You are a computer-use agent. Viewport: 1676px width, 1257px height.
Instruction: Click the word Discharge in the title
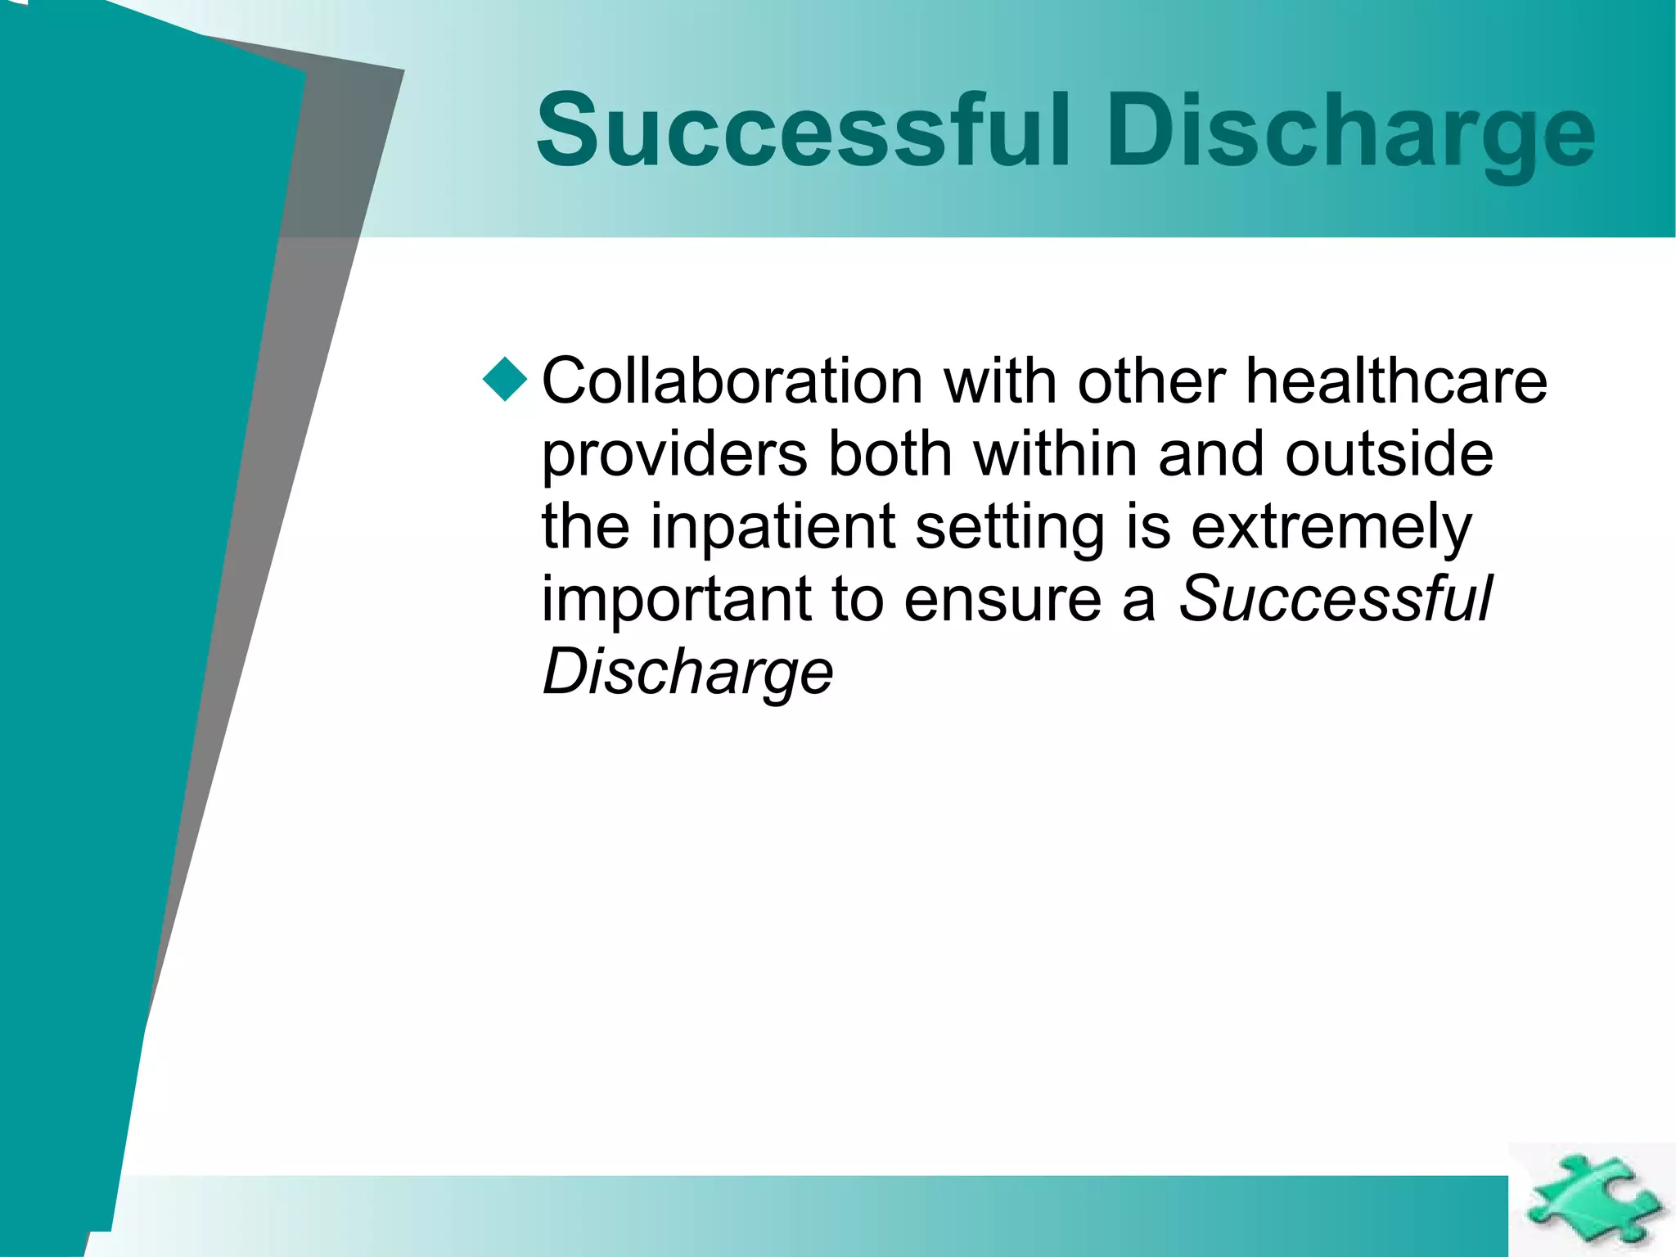[x=1350, y=131]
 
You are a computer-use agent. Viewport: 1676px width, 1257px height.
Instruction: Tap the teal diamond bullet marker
[x=505, y=380]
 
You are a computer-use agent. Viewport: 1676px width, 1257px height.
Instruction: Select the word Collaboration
[x=732, y=381]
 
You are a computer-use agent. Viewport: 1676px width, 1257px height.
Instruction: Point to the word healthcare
[x=1396, y=381]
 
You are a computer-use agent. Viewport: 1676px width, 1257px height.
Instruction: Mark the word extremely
[x=1331, y=529]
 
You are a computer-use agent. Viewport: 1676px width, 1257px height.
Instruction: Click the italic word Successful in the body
[x=1335, y=599]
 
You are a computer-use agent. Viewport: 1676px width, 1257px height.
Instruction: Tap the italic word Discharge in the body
[x=687, y=673]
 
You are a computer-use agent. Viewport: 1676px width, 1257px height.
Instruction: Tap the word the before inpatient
[x=586, y=527]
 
